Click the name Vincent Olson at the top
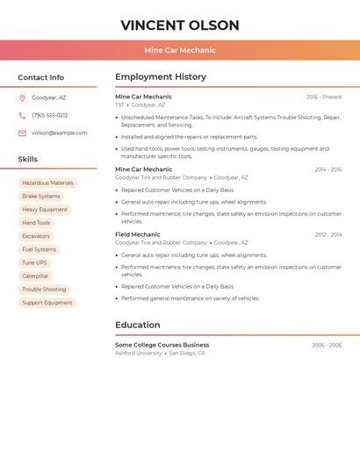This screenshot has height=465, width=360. [179, 25]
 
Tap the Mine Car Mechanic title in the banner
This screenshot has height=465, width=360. [179, 50]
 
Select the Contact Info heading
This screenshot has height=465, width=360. [40, 77]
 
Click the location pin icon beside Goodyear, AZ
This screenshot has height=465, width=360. [22, 98]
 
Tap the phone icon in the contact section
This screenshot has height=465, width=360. [22, 116]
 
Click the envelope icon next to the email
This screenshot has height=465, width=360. [22, 133]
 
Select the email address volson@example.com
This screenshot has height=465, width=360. [60, 133]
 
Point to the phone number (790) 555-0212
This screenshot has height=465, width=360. [50, 116]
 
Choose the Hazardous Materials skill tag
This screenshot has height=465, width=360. [47, 183]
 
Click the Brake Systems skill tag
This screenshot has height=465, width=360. [41, 197]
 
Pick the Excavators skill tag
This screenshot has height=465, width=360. [36, 236]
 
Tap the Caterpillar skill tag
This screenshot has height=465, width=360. [35, 276]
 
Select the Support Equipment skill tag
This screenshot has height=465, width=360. [47, 303]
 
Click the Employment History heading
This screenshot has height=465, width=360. [161, 77]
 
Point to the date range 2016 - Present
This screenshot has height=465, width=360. [324, 97]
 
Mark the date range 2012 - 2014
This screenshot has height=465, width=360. [328, 235]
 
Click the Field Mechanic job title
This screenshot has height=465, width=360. [138, 234]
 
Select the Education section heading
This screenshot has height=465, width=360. [138, 325]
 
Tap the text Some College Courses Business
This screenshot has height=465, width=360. [162, 345]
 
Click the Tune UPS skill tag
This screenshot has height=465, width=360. [35, 263]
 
